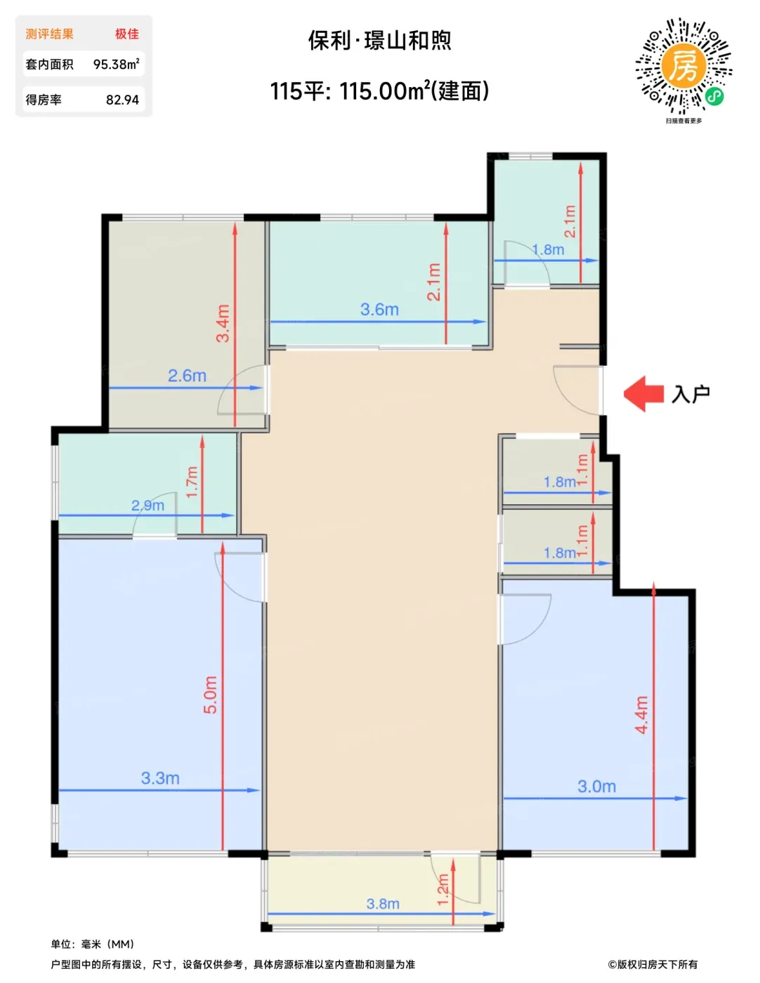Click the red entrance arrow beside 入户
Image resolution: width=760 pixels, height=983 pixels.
(643, 394)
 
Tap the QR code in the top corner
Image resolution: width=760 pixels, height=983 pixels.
(683, 66)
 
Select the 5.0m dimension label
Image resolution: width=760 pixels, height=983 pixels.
(210, 695)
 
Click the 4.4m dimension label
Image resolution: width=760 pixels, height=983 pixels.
(641, 715)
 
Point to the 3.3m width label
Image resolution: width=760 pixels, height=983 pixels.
(160, 778)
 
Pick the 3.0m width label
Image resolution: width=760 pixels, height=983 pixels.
(596, 786)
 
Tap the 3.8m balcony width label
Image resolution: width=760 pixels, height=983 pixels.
(383, 904)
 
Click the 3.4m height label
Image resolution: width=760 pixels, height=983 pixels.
(223, 324)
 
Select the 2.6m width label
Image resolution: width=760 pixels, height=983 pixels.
(187, 376)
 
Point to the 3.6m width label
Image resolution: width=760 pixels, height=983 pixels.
(379, 310)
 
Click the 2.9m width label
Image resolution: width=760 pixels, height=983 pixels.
(148, 506)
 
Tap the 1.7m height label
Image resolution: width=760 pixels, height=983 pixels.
(192, 482)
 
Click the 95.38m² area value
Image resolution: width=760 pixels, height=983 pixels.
(117, 64)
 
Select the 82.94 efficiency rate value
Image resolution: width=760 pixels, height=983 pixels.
(122, 100)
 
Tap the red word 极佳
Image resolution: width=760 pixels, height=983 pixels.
(126, 34)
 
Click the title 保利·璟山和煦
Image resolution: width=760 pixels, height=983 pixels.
(379, 41)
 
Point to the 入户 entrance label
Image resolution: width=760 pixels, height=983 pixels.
(690, 395)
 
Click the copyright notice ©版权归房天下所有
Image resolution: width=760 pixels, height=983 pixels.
(653, 964)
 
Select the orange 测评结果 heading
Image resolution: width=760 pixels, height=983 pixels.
(49, 34)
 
